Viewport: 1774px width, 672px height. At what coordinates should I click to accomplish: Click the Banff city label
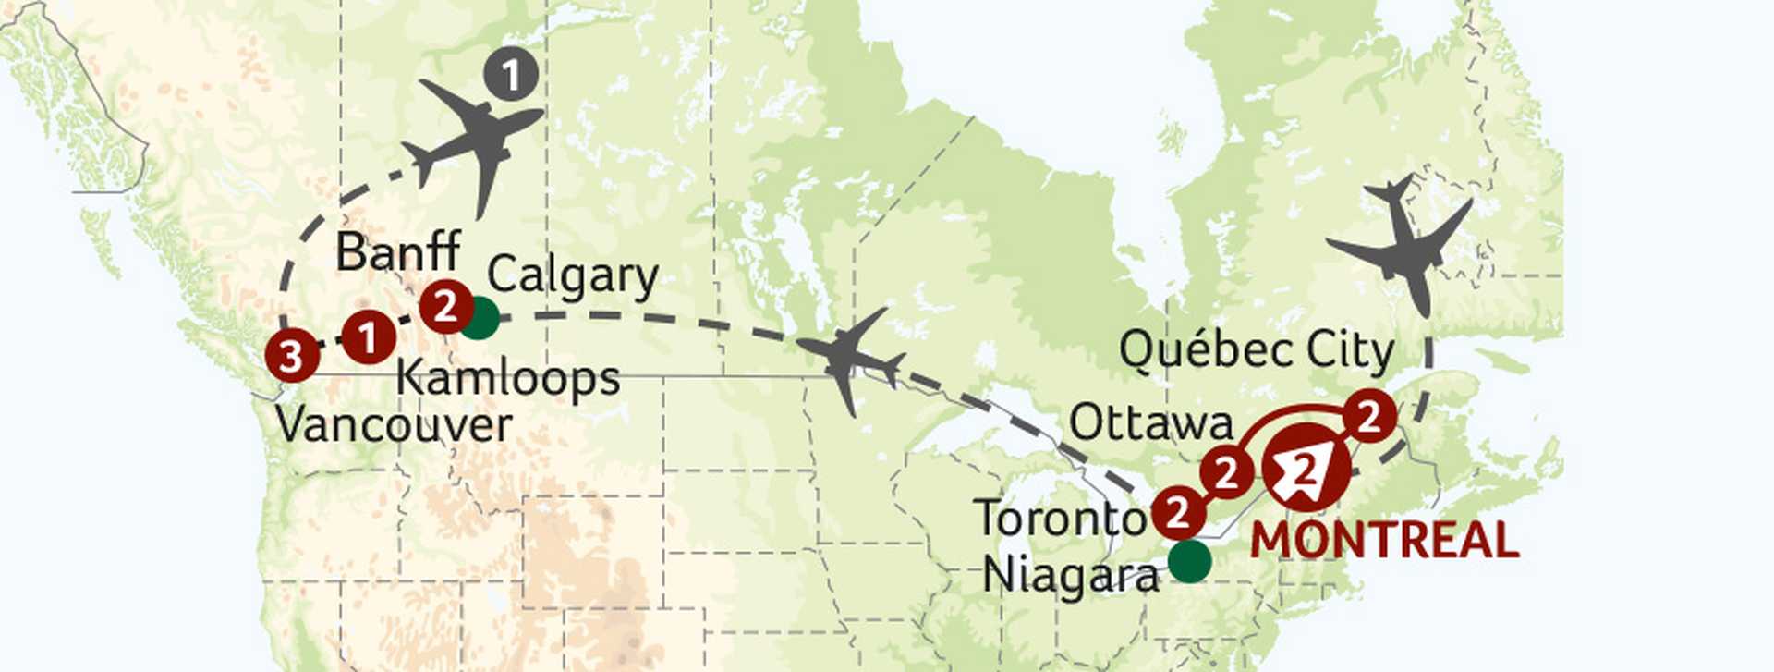(x=397, y=250)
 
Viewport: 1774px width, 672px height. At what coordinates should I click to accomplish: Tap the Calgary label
(x=573, y=275)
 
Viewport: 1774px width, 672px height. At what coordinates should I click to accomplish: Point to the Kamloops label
(x=508, y=378)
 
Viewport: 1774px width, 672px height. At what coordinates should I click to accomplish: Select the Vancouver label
(x=394, y=425)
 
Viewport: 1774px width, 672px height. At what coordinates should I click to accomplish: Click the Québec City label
(x=1257, y=351)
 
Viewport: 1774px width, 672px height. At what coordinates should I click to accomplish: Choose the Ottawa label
(x=1151, y=423)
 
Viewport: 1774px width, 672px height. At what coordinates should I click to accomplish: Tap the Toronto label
(x=1061, y=518)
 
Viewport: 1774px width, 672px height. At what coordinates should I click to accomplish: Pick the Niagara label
(x=1070, y=575)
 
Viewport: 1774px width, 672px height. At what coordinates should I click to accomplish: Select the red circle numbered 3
(x=291, y=356)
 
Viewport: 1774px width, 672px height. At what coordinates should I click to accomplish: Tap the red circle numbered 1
(x=369, y=337)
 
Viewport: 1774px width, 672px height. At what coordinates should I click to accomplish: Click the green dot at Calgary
(x=480, y=319)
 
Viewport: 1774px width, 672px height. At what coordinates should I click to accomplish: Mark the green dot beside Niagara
(x=1189, y=561)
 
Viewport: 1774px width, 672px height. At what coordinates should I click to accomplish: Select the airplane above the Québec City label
(x=1400, y=245)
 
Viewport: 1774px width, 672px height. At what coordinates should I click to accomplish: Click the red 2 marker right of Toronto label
(x=1178, y=511)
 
